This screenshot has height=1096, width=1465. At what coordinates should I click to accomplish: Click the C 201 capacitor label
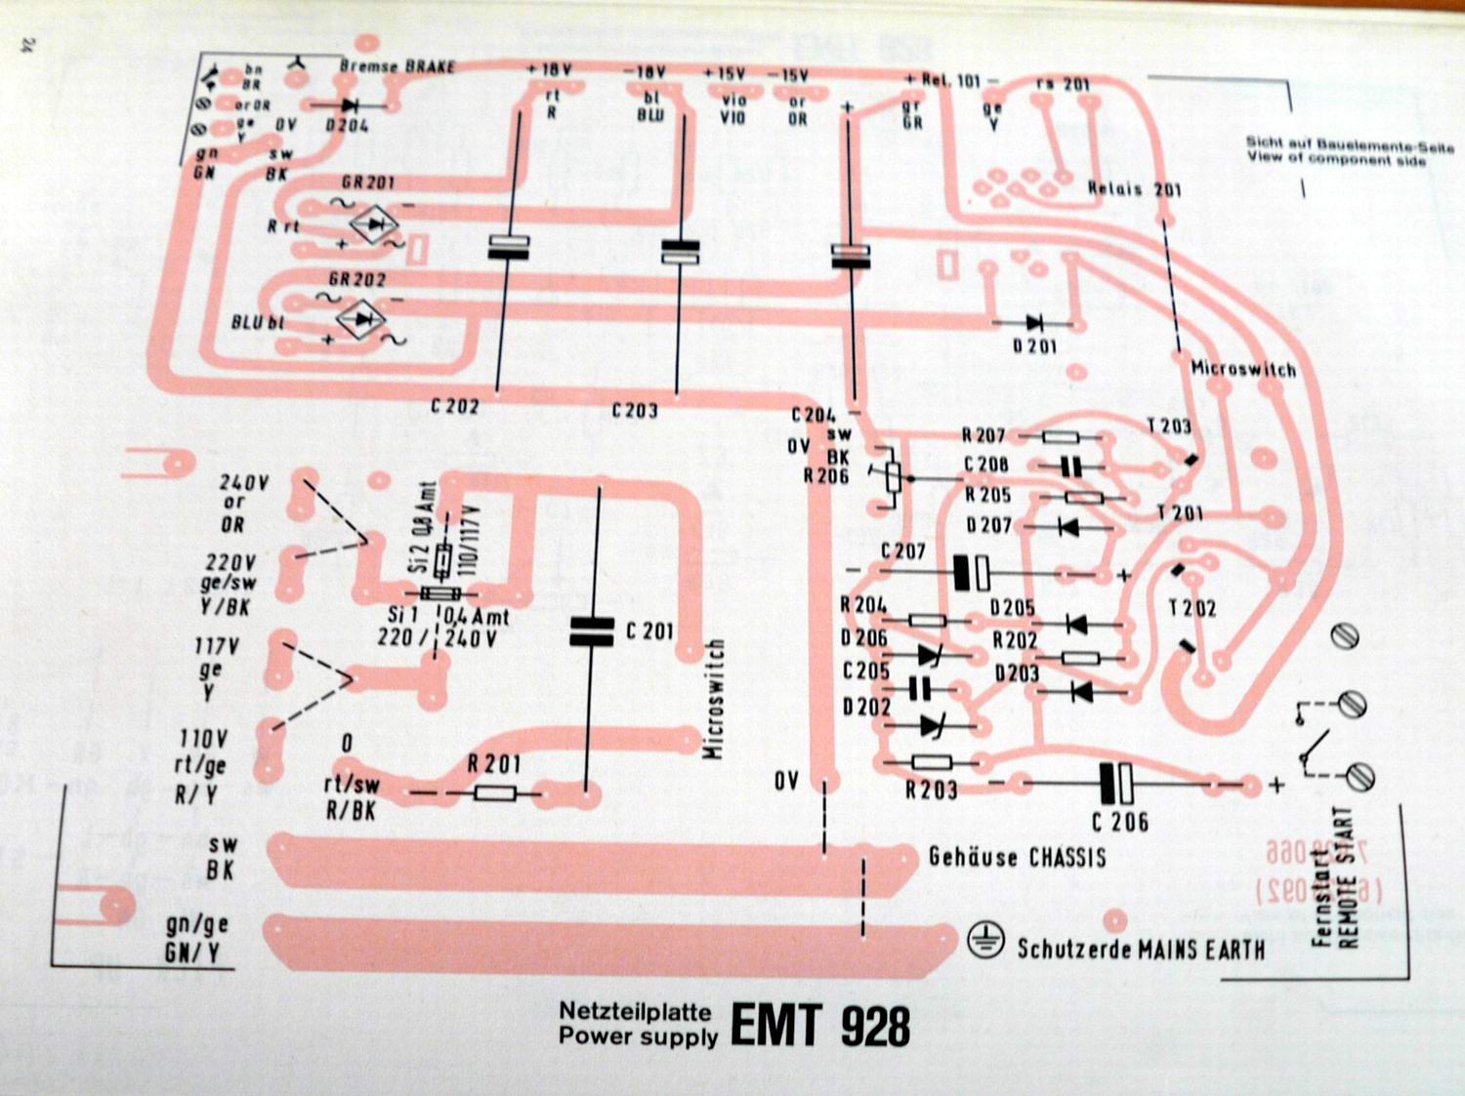tap(650, 631)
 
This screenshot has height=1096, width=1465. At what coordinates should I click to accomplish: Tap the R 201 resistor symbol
tap(495, 793)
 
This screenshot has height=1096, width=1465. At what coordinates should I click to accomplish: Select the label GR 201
tap(368, 183)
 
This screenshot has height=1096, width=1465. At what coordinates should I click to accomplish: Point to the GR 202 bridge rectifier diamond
tap(361, 319)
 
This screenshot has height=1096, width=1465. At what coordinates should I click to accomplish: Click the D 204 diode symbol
tap(347, 103)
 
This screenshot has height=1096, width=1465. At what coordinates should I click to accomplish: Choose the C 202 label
tap(455, 405)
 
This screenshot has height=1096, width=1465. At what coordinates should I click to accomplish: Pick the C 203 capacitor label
tap(635, 410)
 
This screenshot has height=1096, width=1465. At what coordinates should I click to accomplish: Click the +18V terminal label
tap(549, 70)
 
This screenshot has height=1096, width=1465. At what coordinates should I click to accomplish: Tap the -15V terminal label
tap(788, 75)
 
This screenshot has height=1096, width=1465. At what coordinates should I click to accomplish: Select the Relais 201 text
tap(1134, 188)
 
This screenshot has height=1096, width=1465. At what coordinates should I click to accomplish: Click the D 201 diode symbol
tap(1033, 323)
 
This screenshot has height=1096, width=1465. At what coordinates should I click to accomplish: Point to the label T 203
tap(1169, 426)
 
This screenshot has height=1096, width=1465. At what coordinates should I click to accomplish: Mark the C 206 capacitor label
tap(1120, 822)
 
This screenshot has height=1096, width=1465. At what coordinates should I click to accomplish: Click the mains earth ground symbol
tap(986, 939)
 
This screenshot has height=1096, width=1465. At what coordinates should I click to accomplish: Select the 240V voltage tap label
tap(243, 482)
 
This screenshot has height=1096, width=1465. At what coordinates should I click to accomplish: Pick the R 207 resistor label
tap(983, 435)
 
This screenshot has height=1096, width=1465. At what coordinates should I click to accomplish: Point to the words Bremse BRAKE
tap(398, 66)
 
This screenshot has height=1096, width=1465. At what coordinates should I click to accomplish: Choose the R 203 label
tap(931, 790)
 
